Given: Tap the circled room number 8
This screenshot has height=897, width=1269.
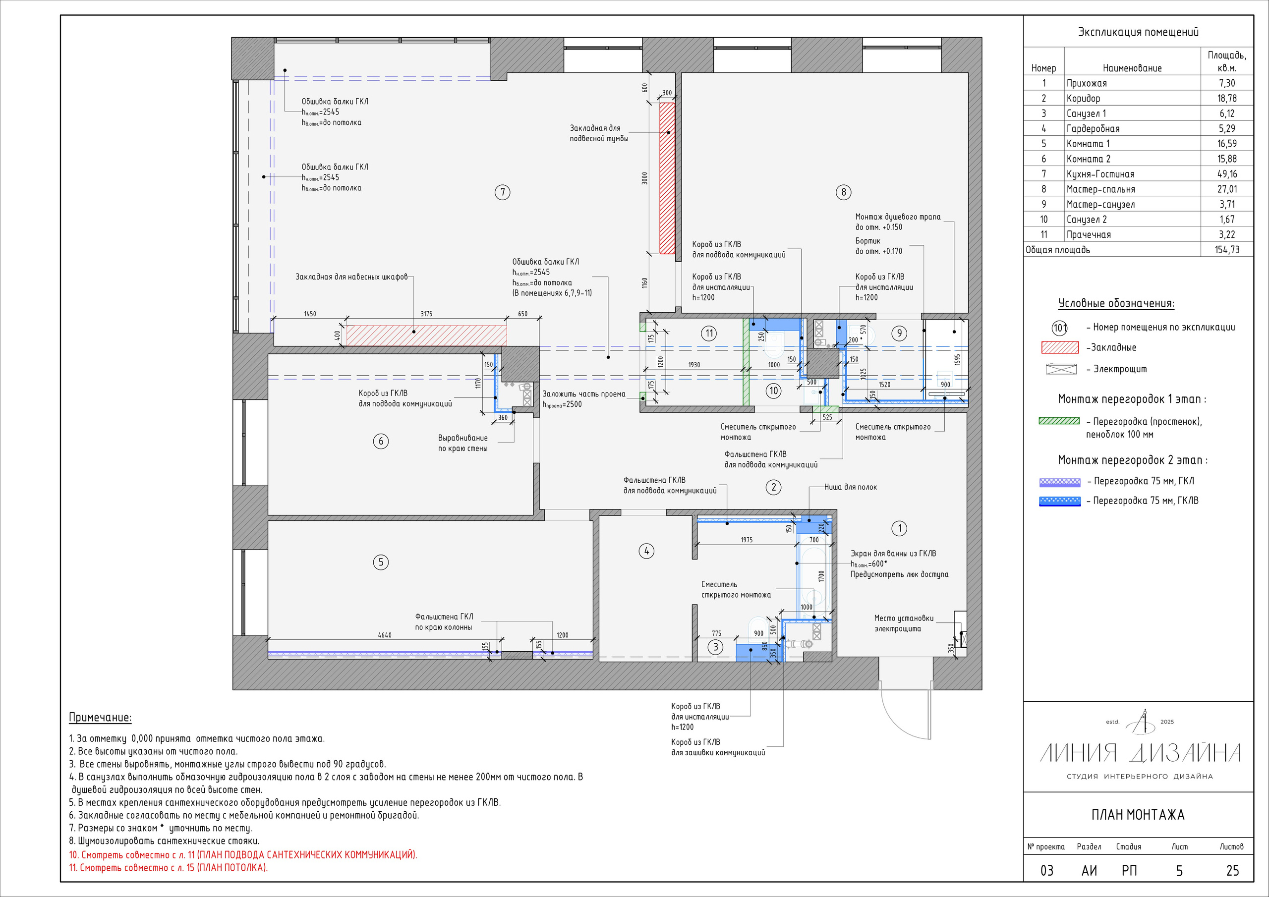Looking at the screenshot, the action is pos(843,192).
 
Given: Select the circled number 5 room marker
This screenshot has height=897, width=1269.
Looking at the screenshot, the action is pos(381,562).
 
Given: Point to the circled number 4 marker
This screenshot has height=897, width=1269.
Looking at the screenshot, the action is pos(646,551).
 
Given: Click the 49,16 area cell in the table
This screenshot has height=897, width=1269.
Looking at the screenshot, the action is pos(1226,174).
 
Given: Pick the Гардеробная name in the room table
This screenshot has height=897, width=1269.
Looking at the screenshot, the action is pos(1093,129).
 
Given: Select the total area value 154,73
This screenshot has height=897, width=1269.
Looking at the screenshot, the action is pos(1226,250).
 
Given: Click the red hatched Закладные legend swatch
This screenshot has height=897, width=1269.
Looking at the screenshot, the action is pos(1059,347).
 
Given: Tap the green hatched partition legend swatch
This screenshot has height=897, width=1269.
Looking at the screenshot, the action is pos(1059,421).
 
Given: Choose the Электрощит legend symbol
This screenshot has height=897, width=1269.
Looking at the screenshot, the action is pos(1061,369).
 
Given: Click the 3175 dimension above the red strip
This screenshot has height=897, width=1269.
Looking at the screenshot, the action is pos(426,314).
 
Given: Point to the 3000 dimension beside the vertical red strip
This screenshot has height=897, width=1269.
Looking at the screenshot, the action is pos(644,178).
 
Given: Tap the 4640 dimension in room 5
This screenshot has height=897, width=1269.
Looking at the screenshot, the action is pos(385,635).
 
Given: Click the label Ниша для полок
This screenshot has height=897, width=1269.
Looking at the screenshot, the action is pos(850,487).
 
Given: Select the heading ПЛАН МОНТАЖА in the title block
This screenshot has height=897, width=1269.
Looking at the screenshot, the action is pos(1138,815).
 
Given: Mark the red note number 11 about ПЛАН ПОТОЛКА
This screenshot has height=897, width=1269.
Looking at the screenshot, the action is pos(168,868).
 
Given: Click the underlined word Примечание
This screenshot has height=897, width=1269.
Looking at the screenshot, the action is pos(100,718).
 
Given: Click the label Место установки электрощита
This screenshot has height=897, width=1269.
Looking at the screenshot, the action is pos(904,623).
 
